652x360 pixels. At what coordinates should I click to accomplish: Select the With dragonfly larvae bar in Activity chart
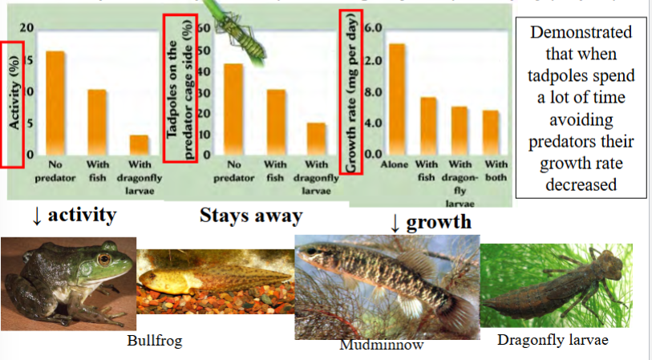click(x=139, y=145)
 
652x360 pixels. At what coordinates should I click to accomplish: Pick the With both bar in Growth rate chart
click(x=490, y=132)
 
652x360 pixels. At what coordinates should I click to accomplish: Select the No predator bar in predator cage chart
click(x=233, y=109)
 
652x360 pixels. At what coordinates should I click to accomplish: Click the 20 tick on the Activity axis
click(x=27, y=29)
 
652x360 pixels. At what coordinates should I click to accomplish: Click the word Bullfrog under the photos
click(x=155, y=341)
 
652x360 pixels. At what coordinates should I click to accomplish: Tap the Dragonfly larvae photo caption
click(x=553, y=340)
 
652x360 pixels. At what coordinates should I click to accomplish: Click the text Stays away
click(x=251, y=216)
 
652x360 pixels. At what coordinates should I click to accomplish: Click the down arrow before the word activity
click(x=36, y=216)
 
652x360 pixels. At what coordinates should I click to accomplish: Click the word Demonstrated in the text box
click(x=581, y=34)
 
